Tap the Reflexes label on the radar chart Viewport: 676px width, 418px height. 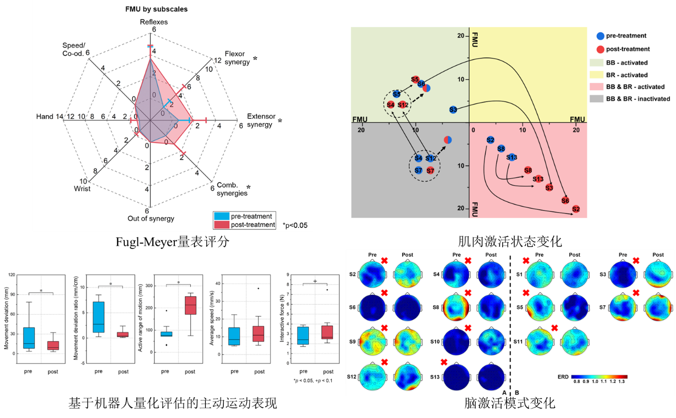coord(154,22)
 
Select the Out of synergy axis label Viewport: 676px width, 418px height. coord(151,218)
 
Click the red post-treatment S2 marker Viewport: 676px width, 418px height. coord(576,208)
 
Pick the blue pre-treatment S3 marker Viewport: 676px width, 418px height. coord(453,109)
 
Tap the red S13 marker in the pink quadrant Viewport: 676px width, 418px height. coord(538,178)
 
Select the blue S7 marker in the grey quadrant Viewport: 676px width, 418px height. coord(419,170)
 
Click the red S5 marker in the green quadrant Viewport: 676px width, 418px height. coord(415,79)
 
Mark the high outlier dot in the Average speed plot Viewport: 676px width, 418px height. coord(259,288)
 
